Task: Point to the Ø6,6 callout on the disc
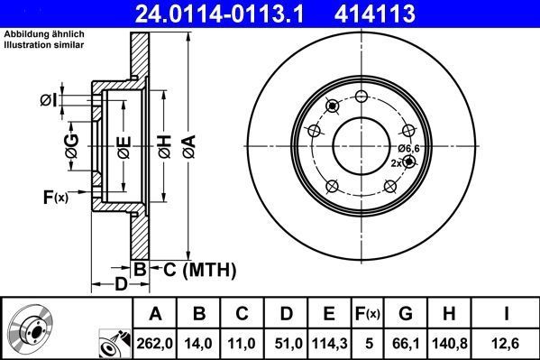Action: click(x=408, y=147)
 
